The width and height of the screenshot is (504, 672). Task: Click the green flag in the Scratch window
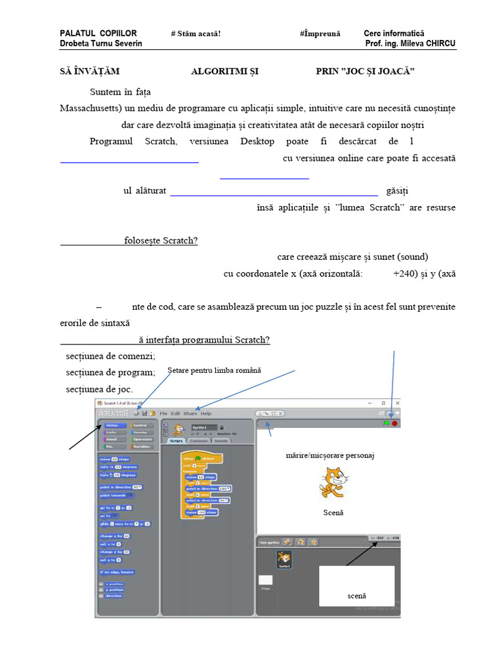click(387, 424)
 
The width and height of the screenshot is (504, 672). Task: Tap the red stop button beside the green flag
click(395, 424)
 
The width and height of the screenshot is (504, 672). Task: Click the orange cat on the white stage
click(332, 482)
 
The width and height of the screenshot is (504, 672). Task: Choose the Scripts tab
click(176, 441)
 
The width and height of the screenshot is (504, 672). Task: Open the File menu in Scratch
click(163, 413)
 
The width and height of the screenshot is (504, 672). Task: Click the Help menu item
click(206, 413)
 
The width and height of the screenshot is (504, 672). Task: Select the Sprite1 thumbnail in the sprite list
click(284, 559)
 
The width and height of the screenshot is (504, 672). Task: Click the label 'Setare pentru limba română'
click(214, 371)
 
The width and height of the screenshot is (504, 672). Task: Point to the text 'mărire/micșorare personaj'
click(330, 455)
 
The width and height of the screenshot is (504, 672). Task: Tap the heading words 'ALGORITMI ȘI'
click(224, 72)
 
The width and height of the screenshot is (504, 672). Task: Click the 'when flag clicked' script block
click(199, 459)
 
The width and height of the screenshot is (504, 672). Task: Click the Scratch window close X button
click(398, 402)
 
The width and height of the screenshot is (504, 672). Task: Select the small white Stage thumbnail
click(265, 580)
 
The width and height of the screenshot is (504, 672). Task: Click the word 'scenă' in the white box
click(356, 596)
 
